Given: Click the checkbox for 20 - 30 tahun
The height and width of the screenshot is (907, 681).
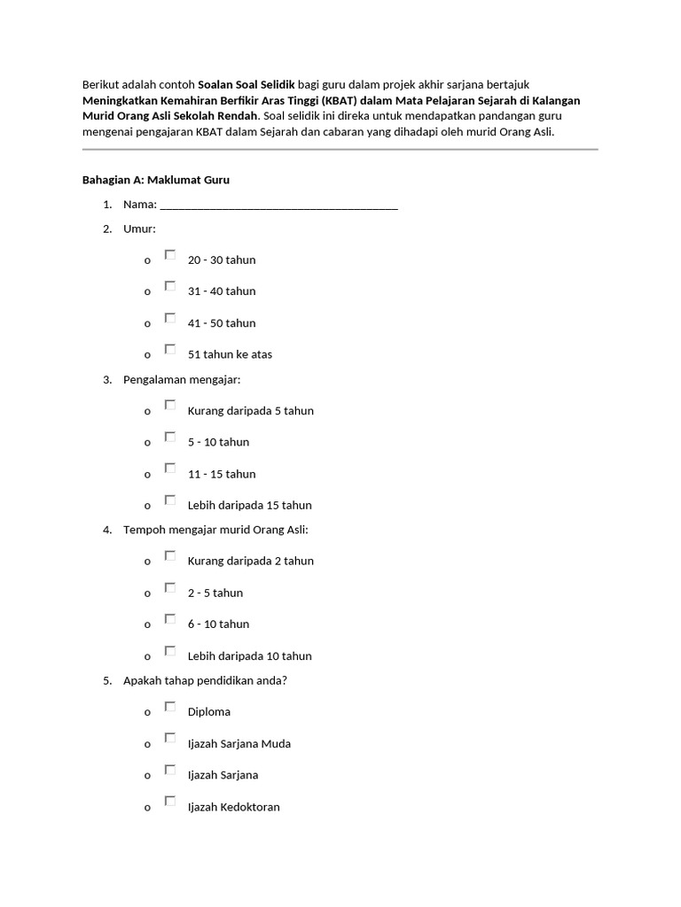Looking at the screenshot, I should (170, 255).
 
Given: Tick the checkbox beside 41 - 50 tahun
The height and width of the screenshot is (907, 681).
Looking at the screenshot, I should (170, 318).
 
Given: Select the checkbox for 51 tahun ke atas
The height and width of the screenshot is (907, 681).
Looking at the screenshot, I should (170, 350).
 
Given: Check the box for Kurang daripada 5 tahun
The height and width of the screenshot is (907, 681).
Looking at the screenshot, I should (170, 406).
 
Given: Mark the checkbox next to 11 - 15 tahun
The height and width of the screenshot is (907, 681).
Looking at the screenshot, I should (170, 469).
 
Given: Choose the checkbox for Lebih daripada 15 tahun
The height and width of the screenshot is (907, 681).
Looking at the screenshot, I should (170, 500).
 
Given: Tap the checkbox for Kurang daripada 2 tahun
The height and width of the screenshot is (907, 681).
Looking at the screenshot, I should (170, 556).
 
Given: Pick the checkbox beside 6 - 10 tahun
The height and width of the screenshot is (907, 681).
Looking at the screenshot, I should (170, 619).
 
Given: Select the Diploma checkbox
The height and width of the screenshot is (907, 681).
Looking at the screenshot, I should (170, 707).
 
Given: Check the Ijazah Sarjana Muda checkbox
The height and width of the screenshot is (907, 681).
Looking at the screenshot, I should (170, 739).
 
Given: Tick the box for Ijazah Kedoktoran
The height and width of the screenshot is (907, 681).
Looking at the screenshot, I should (170, 802).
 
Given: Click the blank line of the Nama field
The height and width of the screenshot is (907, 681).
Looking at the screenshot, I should (278, 205).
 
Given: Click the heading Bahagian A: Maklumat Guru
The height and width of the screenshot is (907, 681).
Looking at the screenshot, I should (156, 180).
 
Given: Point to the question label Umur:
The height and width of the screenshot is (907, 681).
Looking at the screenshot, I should (139, 229).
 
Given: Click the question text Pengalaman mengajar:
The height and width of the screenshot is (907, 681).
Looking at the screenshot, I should (182, 380).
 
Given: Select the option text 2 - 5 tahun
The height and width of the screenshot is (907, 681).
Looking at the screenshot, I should (215, 593).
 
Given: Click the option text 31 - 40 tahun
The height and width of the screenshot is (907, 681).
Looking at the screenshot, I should (222, 291).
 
